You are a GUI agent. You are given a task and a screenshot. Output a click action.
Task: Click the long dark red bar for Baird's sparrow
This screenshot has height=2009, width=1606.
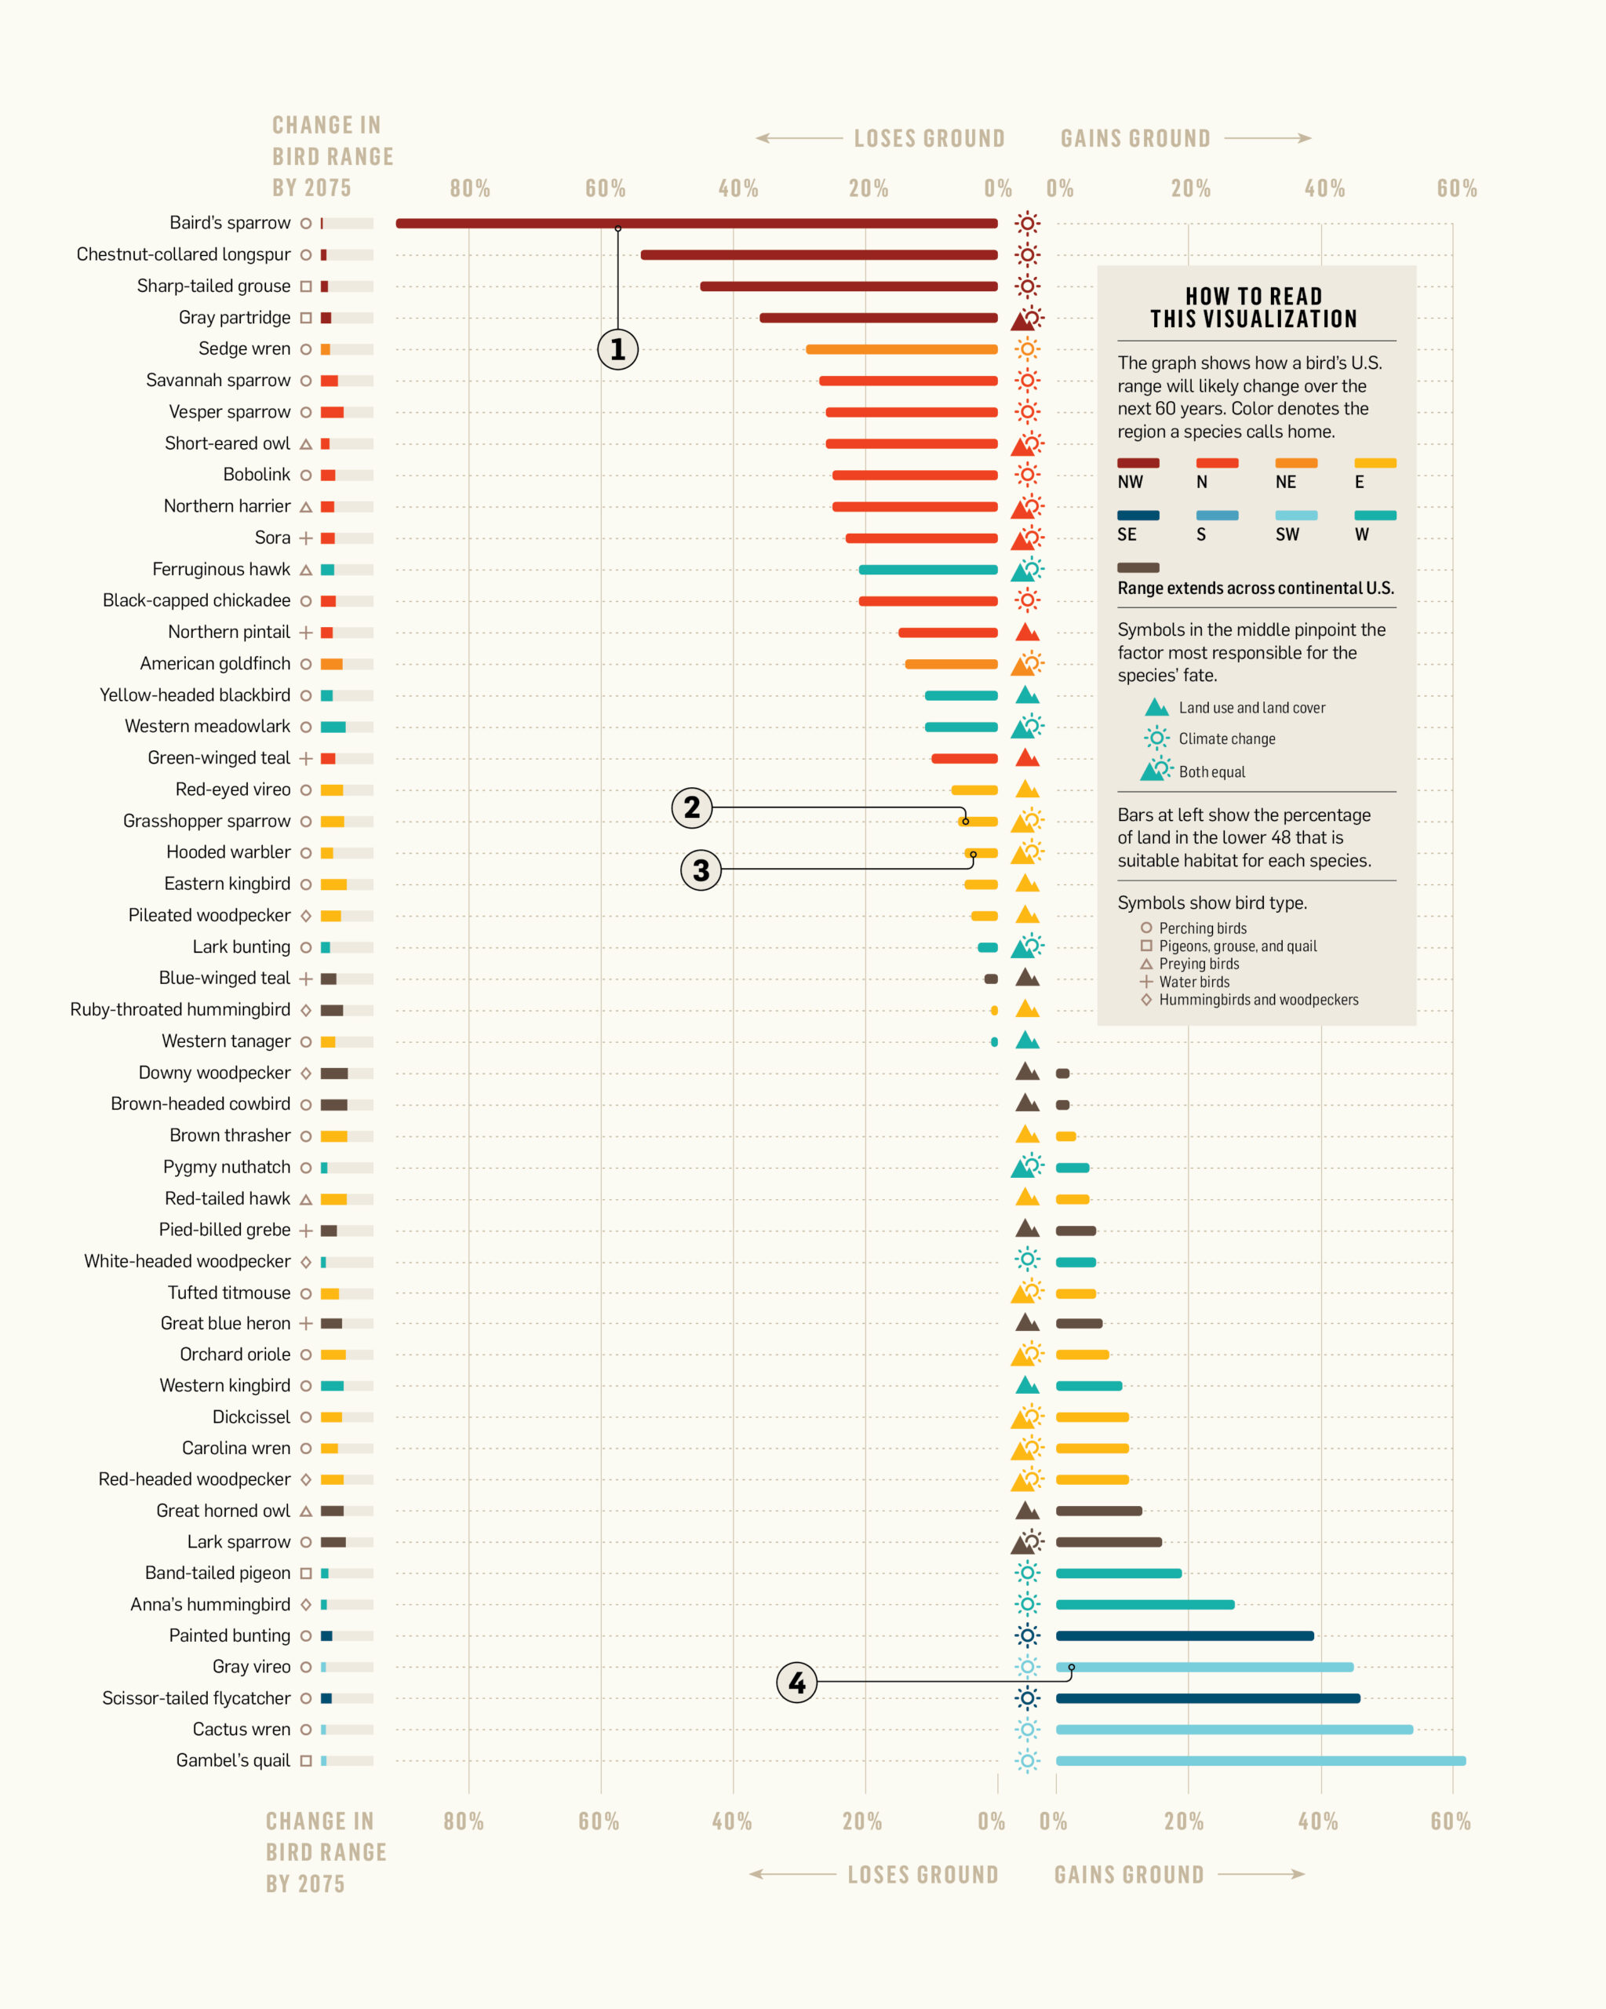(697, 224)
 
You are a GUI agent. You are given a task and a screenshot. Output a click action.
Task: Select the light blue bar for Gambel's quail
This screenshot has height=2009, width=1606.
(1259, 1761)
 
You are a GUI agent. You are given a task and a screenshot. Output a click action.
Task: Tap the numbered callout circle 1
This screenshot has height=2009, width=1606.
(617, 349)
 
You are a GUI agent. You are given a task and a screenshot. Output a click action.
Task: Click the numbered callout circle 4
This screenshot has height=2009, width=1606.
(796, 1682)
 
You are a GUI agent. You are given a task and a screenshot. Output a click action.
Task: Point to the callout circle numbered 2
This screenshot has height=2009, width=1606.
(691, 807)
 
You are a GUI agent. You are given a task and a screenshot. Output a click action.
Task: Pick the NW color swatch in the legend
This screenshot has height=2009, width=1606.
(1138, 463)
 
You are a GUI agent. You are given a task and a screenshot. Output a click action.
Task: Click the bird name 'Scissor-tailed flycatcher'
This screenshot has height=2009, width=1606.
(195, 1697)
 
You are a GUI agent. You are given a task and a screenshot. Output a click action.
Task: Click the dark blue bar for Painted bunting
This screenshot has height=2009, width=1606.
(1184, 1635)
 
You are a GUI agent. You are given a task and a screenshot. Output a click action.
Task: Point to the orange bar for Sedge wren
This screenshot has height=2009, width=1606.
(901, 349)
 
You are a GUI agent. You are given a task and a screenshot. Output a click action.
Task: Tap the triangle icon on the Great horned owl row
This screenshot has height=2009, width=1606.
(1026, 1511)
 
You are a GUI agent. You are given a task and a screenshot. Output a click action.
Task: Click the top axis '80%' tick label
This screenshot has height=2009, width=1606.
(469, 188)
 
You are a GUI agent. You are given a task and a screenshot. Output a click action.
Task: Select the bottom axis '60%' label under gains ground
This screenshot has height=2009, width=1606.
(1451, 1821)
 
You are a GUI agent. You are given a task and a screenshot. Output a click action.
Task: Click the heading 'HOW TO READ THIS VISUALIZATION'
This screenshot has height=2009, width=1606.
(1254, 308)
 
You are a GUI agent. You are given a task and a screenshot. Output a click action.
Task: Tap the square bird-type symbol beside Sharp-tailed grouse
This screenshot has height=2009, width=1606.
(305, 286)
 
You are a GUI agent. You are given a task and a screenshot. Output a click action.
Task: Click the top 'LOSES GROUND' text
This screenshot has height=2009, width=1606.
(929, 139)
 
